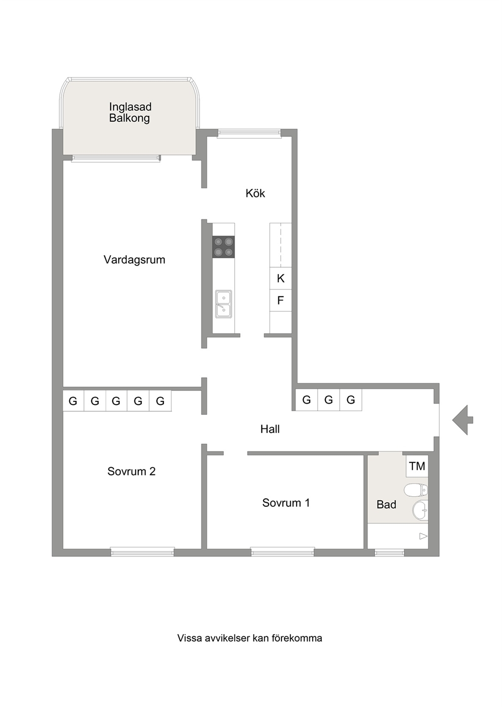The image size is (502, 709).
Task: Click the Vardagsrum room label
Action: tap(135, 260)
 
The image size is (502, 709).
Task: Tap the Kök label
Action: tap(255, 194)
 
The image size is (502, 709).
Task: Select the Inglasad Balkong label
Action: tap(130, 112)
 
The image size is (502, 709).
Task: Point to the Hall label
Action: tap(270, 429)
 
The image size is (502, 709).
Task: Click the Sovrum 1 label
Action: tap(286, 503)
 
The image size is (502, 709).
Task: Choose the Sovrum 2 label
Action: tap(132, 471)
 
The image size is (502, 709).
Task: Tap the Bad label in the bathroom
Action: tap(386, 504)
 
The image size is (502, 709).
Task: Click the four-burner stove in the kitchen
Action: tap(224, 247)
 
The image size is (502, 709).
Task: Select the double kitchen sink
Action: tap(224, 304)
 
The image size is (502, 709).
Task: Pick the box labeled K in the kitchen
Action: tap(280, 278)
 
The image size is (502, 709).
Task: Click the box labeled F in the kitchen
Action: tap(280, 300)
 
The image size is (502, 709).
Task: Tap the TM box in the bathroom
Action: tap(417, 466)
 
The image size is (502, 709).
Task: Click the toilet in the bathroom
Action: tap(416, 490)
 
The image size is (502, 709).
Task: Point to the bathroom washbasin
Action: tap(420, 510)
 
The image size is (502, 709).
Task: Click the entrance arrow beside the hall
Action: tap(463, 420)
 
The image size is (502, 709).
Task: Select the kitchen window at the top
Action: tap(249, 133)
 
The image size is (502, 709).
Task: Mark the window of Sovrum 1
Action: tap(283, 552)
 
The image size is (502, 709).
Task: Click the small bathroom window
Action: tap(390, 553)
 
